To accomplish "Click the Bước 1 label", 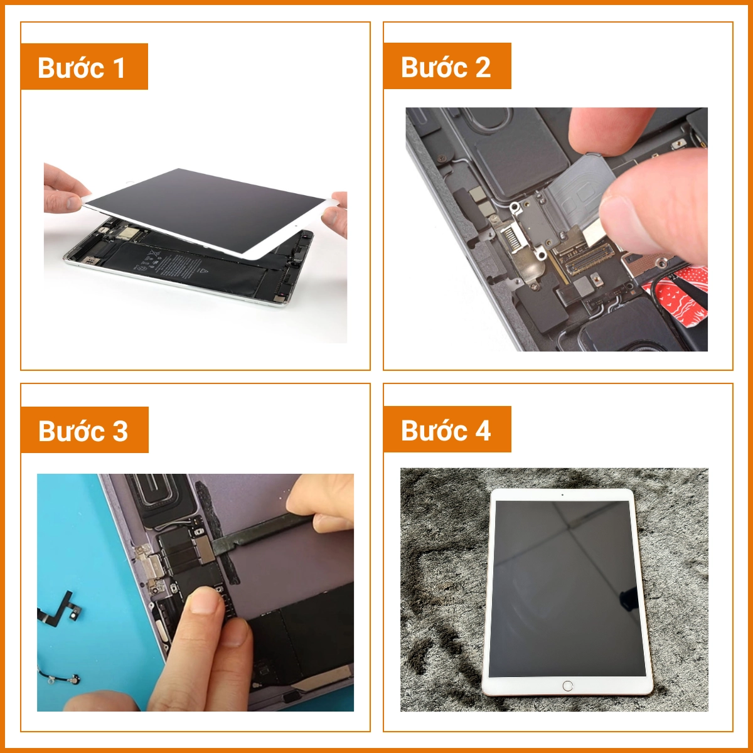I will click(x=84, y=67).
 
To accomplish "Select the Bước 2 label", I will click(x=447, y=67).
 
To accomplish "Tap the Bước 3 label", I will click(x=84, y=430).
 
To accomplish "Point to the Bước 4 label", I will click(x=447, y=430).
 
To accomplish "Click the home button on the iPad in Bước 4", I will click(x=568, y=686).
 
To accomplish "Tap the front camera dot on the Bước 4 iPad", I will click(x=562, y=495).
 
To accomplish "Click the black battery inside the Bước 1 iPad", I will click(x=188, y=267).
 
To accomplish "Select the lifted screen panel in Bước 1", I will click(x=207, y=207).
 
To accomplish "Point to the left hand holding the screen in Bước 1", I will click(x=63, y=188).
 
